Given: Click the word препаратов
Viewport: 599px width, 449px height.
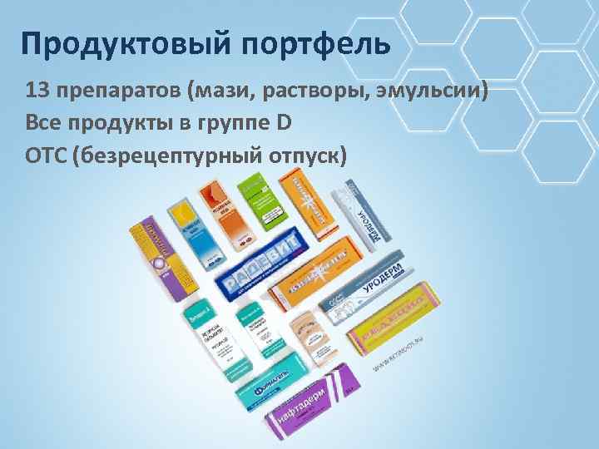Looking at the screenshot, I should point(116,90).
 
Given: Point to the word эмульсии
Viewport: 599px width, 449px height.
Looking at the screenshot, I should point(440,90).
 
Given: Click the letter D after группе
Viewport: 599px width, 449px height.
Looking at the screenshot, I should point(284,123).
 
